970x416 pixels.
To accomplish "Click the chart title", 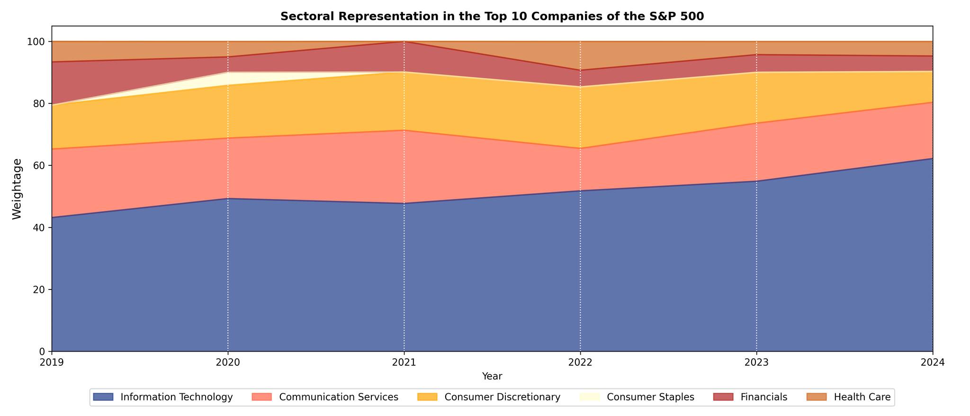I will [492, 16].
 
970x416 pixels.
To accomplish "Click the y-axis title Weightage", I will [17, 189].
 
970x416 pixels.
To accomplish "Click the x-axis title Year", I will [492, 376].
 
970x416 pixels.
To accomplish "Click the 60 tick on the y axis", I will [39, 166].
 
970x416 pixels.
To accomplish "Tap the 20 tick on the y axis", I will [39, 289].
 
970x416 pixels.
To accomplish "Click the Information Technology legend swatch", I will [103, 397].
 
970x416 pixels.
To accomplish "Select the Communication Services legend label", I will [338, 397].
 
